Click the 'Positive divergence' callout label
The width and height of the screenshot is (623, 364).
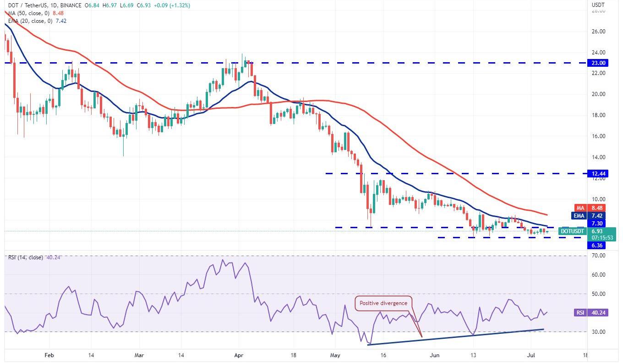[x=384, y=303]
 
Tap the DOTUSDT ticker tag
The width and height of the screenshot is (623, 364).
[x=572, y=231]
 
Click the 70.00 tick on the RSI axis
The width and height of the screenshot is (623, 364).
[x=598, y=256]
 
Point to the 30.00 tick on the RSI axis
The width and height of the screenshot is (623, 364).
[x=598, y=332]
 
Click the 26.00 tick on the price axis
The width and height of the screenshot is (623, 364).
[x=598, y=32]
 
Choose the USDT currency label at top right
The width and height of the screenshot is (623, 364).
[x=599, y=5]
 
